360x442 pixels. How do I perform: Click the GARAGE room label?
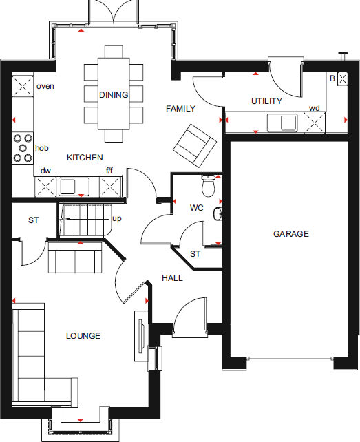290,234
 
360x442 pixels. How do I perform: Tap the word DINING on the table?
114,95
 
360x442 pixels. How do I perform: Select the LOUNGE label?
83,336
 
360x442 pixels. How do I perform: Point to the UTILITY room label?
266,101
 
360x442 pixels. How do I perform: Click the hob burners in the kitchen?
23,147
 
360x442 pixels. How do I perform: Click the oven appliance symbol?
23,86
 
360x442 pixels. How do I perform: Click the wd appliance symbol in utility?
315,123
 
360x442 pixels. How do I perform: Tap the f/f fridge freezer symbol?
110,186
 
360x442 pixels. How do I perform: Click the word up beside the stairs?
116,218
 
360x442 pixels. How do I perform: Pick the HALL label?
172,277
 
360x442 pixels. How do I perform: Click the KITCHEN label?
85,158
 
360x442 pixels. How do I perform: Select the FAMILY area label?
180,109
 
